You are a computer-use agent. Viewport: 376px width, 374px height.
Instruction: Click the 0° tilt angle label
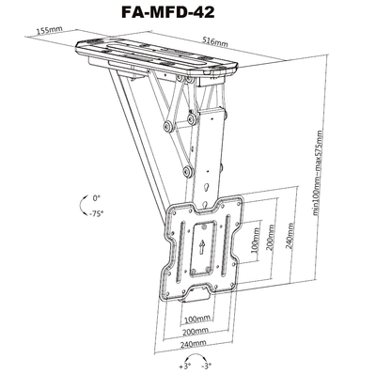pyautogui.click(x=98, y=198)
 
